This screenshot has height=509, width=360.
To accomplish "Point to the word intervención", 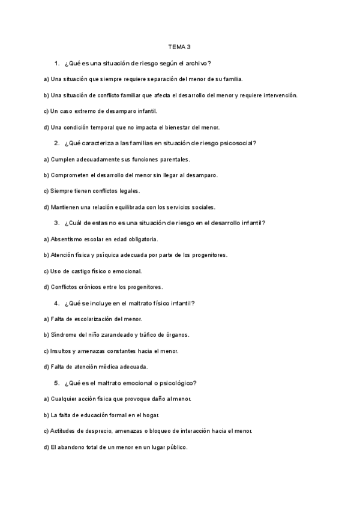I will point(277,95).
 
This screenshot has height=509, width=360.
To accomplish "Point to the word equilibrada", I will point(131,207).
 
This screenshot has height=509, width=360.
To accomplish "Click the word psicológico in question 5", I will point(176,383).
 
